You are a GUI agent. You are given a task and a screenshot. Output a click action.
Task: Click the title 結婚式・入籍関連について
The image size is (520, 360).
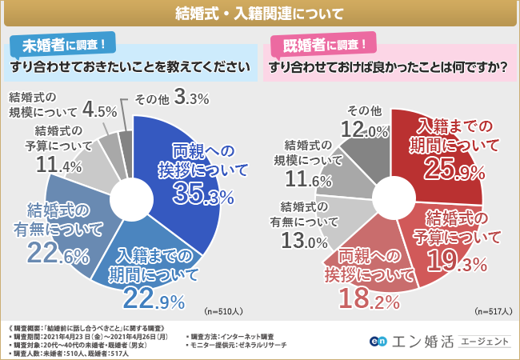tap(260, 14)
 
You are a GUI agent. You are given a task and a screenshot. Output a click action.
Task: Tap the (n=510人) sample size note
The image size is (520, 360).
tap(225, 310)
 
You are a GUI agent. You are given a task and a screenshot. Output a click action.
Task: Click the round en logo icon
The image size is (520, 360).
tap(376, 342)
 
